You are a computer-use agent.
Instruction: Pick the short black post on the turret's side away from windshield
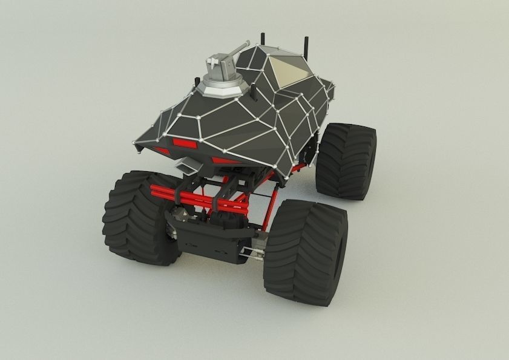coord(196,82)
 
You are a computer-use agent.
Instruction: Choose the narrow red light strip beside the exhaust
coord(224,161)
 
